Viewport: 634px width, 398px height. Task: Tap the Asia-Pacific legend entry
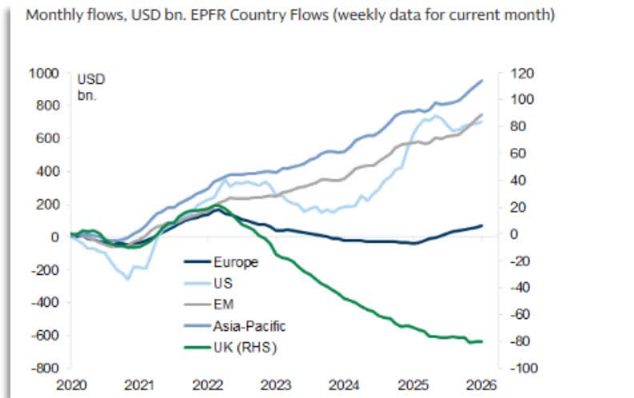pos(249,325)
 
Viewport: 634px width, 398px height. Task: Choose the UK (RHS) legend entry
pos(241,347)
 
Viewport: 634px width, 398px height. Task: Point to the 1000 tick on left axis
pos(45,73)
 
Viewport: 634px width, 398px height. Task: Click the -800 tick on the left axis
pos(45,368)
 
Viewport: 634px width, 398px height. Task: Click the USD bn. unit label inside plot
pos(91,87)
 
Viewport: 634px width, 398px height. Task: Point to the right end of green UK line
pos(482,341)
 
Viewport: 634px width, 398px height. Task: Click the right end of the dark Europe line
pos(482,225)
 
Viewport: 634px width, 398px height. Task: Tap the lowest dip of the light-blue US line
pos(128,279)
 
